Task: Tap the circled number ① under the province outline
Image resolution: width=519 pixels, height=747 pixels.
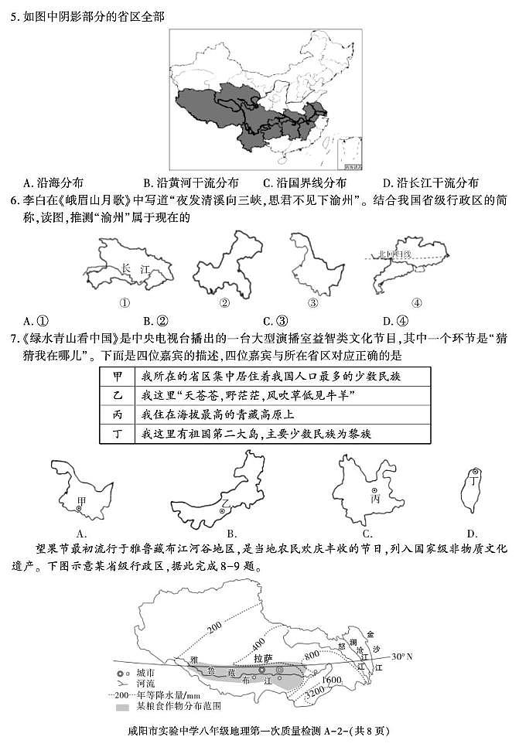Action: coord(124,303)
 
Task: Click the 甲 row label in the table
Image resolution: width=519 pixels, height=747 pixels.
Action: coord(118,377)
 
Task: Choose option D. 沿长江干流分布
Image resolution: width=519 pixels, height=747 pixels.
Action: coord(430,183)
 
